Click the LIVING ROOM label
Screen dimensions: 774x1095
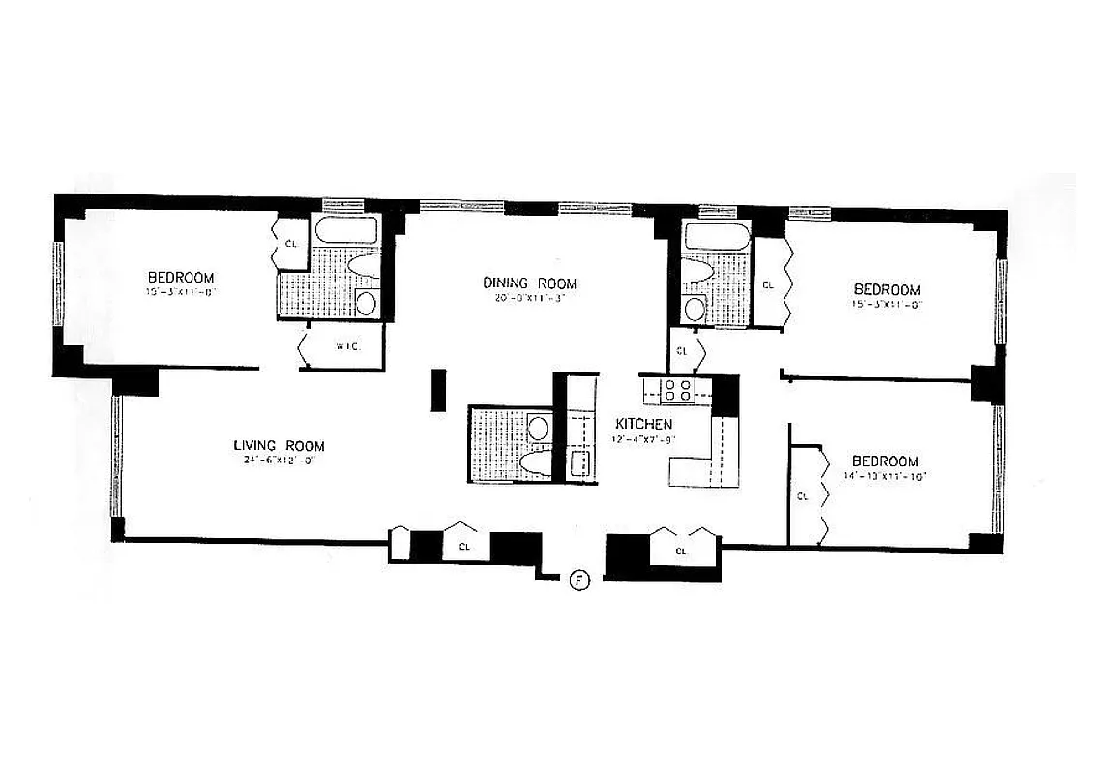click(278, 446)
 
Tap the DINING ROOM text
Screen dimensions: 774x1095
click(530, 283)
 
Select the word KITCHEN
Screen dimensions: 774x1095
click(643, 424)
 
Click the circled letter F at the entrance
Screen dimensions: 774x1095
click(578, 580)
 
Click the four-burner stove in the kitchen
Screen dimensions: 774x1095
click(676, 389)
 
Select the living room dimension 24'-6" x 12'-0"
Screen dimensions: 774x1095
click(278, 461)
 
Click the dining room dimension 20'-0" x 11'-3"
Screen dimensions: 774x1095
click(530, 298)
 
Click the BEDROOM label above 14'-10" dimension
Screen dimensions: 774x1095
click(885, 461)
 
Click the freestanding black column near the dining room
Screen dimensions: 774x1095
click(438, 389)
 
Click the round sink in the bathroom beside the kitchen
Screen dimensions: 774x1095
click(538, 428)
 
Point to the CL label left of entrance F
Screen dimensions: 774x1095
click(464, 546)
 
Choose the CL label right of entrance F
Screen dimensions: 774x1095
click(680, 550)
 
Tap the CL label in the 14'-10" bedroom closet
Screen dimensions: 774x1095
click(802, 496)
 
